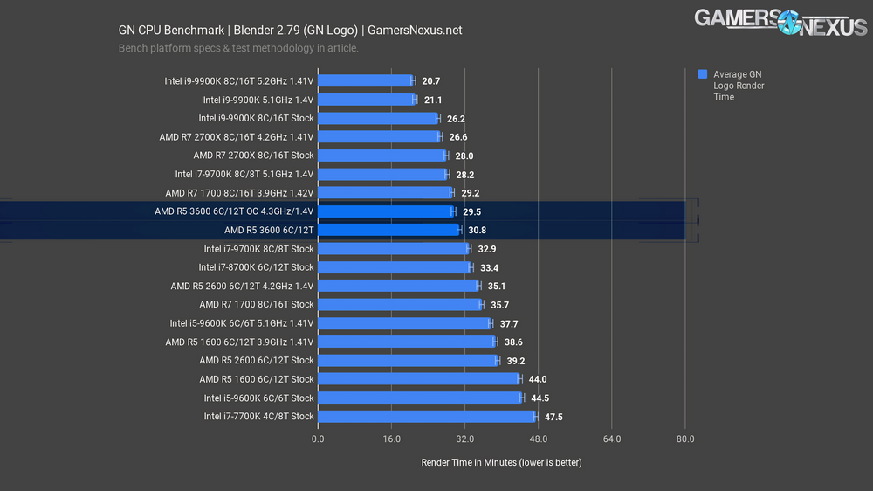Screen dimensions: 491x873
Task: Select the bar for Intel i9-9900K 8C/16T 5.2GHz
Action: (x=365, y=80)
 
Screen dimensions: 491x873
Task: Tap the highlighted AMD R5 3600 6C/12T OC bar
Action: (x=385, y=211)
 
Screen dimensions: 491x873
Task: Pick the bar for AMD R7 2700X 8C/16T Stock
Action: (x=382, y=156)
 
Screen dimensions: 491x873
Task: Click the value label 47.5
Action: (x=553, y=417)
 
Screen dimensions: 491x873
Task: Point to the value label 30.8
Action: (x=477, y=230)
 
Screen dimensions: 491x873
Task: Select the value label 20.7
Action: (x=430, y=80)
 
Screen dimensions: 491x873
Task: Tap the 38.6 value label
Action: (x=512, y=342)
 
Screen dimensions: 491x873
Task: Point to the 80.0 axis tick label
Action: (x=685, y=439)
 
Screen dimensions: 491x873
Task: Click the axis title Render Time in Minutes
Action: (x=501, y=462)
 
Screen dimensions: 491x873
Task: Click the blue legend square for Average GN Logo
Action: (x=703, y=75)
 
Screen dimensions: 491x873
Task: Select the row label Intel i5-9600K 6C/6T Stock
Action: (x=258, y=398)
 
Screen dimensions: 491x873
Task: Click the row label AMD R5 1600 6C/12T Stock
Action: (x=256, y=379)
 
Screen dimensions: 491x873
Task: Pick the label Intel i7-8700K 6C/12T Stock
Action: (x=256, y=267)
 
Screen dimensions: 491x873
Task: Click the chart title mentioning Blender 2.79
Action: (x=290, y=31)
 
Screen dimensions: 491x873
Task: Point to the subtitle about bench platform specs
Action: (x=238, y=48)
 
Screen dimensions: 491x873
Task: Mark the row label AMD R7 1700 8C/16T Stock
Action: (x=256, y=304)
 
